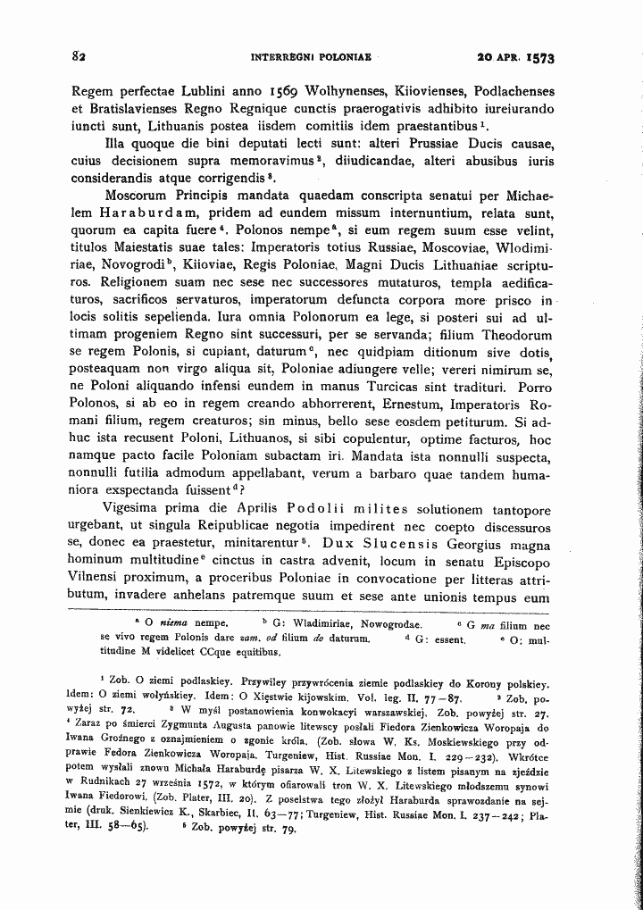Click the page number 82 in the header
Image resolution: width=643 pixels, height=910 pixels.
pyautogui.click(x=78, y=56)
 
